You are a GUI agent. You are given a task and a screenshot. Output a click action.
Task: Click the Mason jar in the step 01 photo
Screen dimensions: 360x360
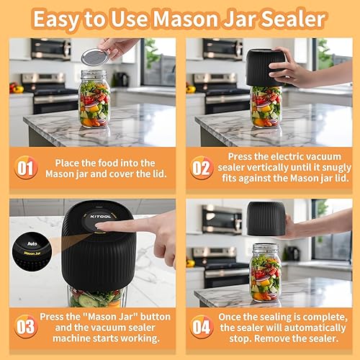click(94, 99)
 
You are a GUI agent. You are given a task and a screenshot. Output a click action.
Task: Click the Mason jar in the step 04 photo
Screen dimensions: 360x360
click(265, 272)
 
